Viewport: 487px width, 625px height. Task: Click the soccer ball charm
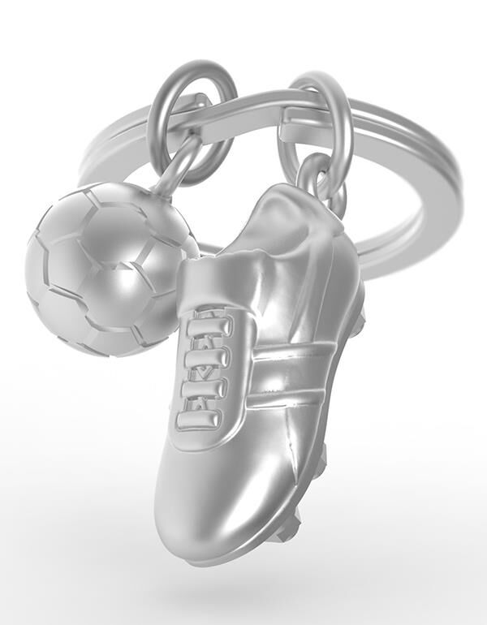coord(106,268)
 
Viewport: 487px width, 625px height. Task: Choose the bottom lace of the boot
coord(199,419)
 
